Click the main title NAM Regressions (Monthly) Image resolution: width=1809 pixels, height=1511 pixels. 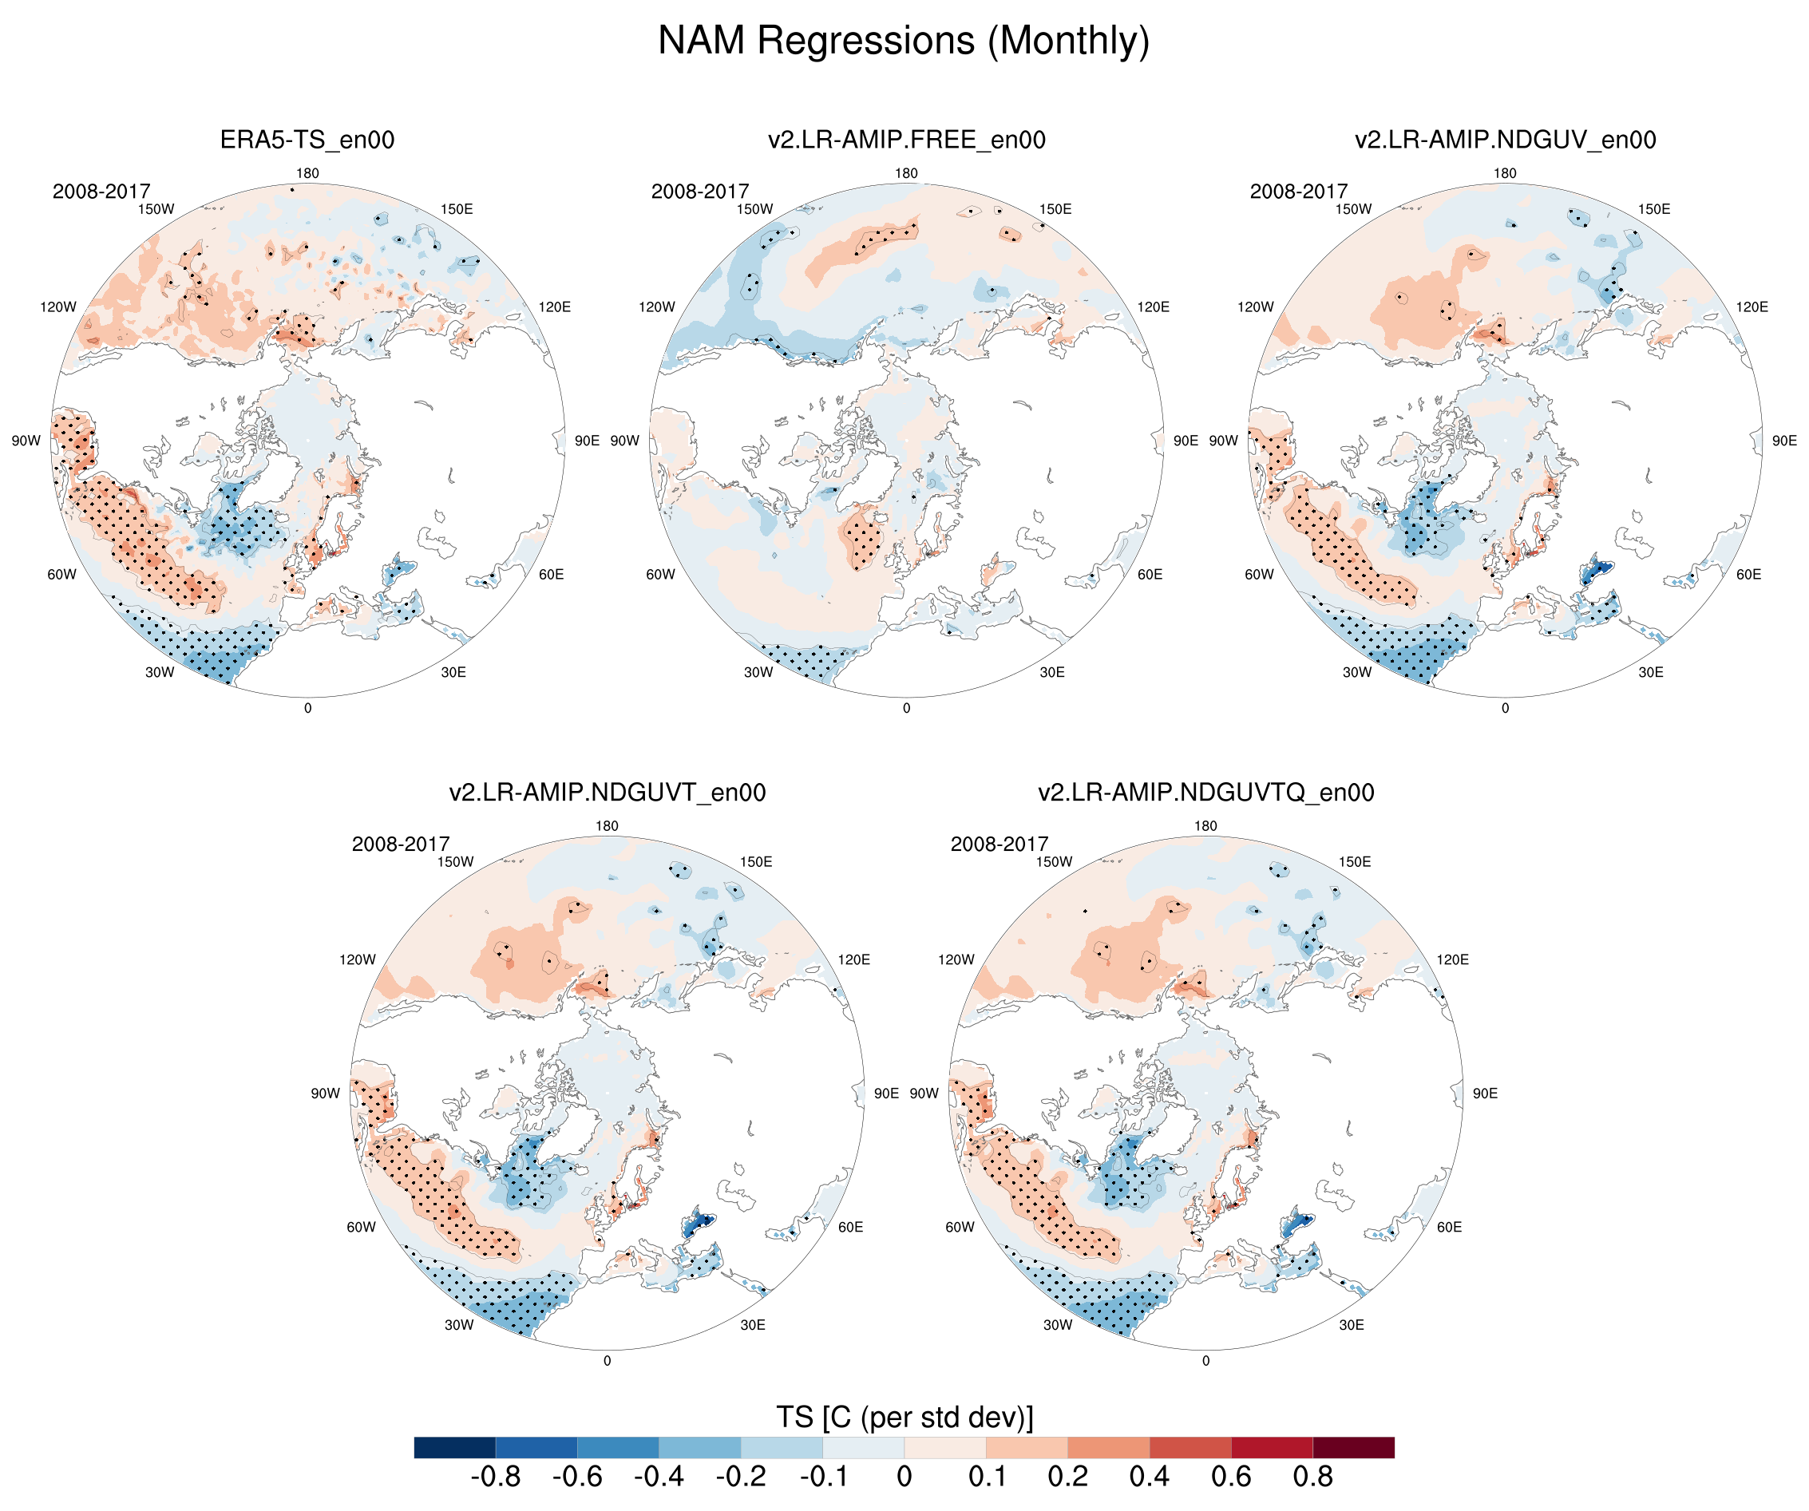[x=904, y=41]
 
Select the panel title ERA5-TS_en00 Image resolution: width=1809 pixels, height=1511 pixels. [x=307, y=140]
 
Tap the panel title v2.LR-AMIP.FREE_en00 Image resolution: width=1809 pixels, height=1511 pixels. [x=906, y=140]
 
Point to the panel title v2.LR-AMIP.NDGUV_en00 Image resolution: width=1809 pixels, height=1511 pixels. [x=1505, y=140]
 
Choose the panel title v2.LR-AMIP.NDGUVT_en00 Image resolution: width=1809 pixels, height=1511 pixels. [x=608, y=793]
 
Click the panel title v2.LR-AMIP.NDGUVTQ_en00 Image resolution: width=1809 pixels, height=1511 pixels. [x=1206, y=793]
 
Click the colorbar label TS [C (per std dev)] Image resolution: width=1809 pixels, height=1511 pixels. [x=904, y=1417]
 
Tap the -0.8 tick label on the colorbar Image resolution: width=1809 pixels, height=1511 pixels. [x=495, y=1477]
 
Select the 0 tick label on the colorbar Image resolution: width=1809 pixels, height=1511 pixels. [x=904, y=1477]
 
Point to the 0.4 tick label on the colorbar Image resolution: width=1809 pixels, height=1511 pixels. [x=1149, y=1477]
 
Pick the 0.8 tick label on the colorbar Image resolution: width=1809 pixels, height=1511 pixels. [x=1312, y=1477]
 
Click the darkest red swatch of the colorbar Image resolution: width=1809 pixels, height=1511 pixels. [x=1353, y=1447]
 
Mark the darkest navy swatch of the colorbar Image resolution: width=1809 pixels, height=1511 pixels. [x=455, y=1447]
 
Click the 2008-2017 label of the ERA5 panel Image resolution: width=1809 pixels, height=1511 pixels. [x=101, y=192]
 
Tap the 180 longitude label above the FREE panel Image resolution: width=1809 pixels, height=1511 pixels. [x=906, y=173]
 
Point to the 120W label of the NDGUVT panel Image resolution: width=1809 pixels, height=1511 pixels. [x=358, y=959]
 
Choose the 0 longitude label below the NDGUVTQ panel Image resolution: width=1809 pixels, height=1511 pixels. [x=1206, y=1361]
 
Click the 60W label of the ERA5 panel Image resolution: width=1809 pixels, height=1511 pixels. [x=62, y=575]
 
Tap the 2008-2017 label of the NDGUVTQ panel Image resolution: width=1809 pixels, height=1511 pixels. [x=1000, y=844]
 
